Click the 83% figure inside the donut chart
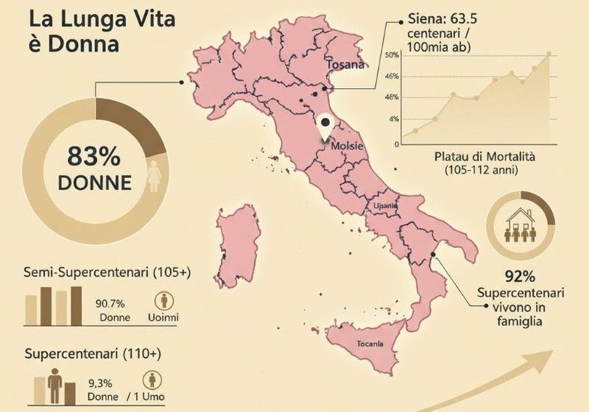click(94, 157)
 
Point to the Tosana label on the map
click(345, 65)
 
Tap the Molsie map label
click(347, 146)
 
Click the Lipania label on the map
click(386, 206)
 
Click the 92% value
click(520, 277)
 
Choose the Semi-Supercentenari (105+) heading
click(107, 272)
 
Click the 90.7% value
click(110, 302)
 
